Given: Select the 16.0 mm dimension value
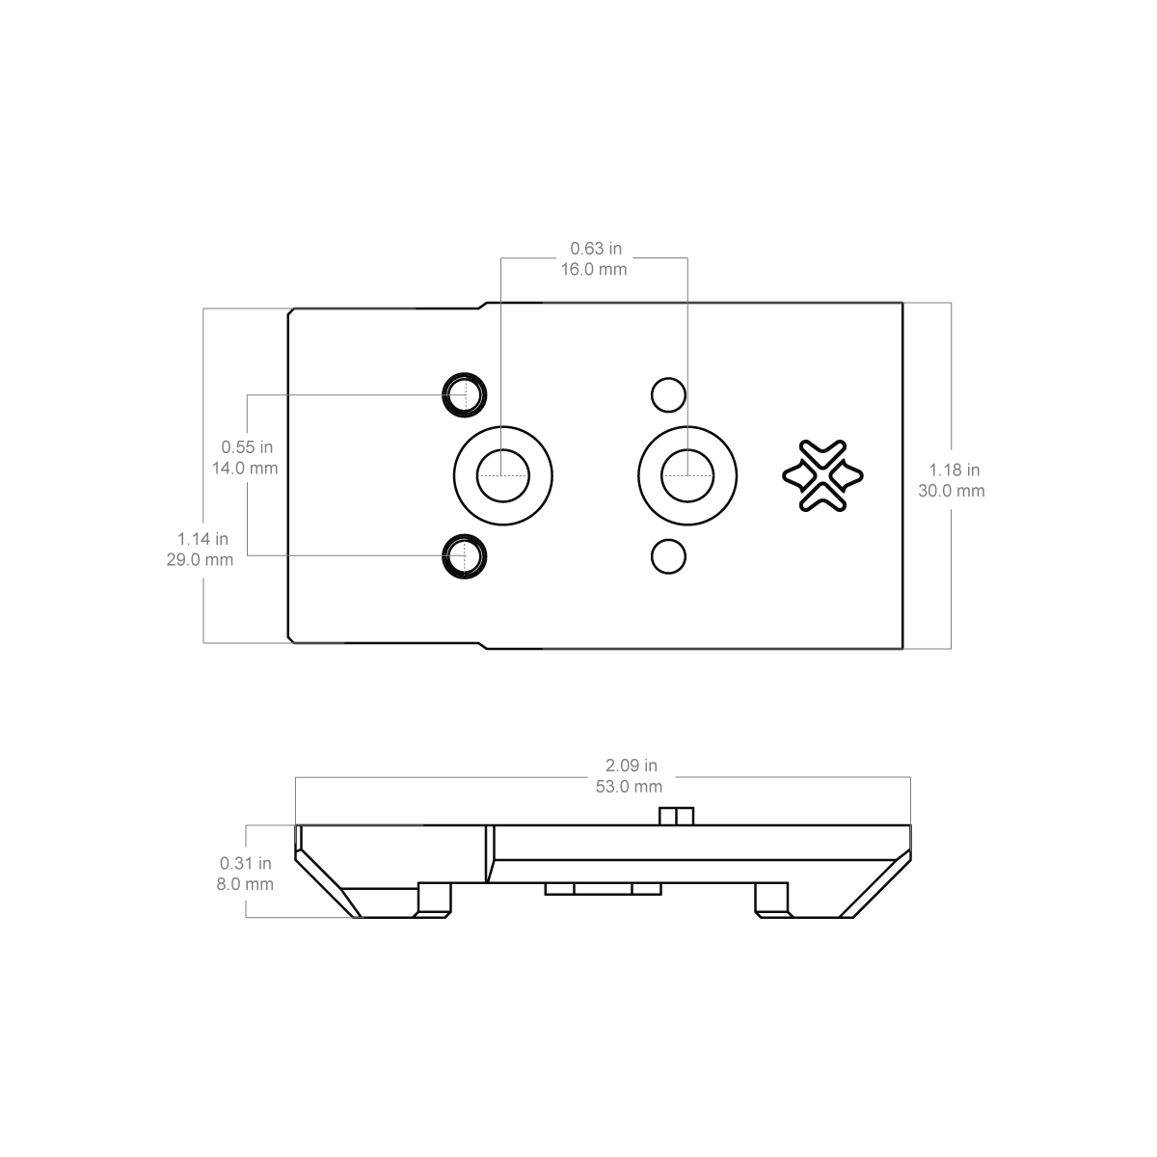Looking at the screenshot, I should pos(594,270).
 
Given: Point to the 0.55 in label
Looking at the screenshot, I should pos(247,447).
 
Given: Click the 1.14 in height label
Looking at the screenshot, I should pos(202,539).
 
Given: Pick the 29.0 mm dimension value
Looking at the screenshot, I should pos(201,560).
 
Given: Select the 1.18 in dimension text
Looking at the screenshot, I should pos(955,471).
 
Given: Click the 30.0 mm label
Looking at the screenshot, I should pos(952,491).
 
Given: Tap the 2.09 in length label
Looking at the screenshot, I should pos(632,766).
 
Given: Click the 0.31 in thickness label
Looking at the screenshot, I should pos(246,863).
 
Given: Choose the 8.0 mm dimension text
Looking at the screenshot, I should pos(243,884).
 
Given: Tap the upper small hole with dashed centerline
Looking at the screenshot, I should pos(465,393).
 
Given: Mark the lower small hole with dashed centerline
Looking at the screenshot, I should pos(465,556).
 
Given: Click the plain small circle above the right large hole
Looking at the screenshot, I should pos(667,393).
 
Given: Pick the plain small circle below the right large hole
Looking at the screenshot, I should pos(667,556).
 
